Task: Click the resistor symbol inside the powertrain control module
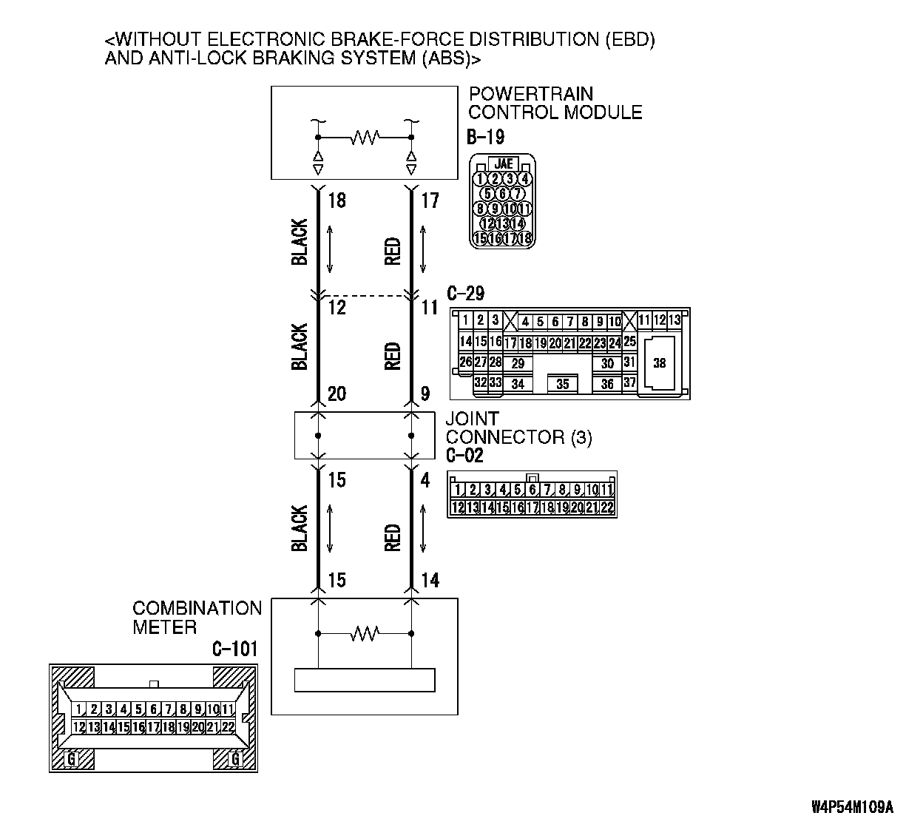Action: [x=365, y=137]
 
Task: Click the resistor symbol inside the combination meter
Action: [x=365, y=633]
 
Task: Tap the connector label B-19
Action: [x=485, y=137]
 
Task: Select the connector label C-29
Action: [x=466, y=293]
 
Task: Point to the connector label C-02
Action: [x=464, y=456]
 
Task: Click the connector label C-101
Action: [x=235, y=649]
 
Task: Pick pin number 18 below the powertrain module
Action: [x=337, y=200]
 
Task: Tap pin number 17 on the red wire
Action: [x=430, y=200]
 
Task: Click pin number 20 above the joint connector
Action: [x=337, y=394]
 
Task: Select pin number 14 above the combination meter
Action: [x=430, y=580]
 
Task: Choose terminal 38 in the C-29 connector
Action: [x=659, y=363]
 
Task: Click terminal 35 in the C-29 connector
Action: [x=563, y=384]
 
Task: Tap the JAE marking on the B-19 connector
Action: [x=504, y=164]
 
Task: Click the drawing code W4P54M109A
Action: [x=852, y=806]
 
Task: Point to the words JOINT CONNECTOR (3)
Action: [x=518, y=428]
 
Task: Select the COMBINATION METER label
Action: [x=197, y=618]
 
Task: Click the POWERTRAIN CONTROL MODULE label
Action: [x=555, y=103]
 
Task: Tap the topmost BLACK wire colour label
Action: [x=300, y=242]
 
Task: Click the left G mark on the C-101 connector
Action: [x=72, y=758]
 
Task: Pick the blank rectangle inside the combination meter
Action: [x=365, y=680]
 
